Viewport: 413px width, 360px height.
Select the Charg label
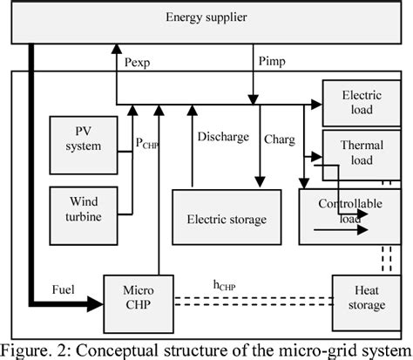click(x=280, y=137)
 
